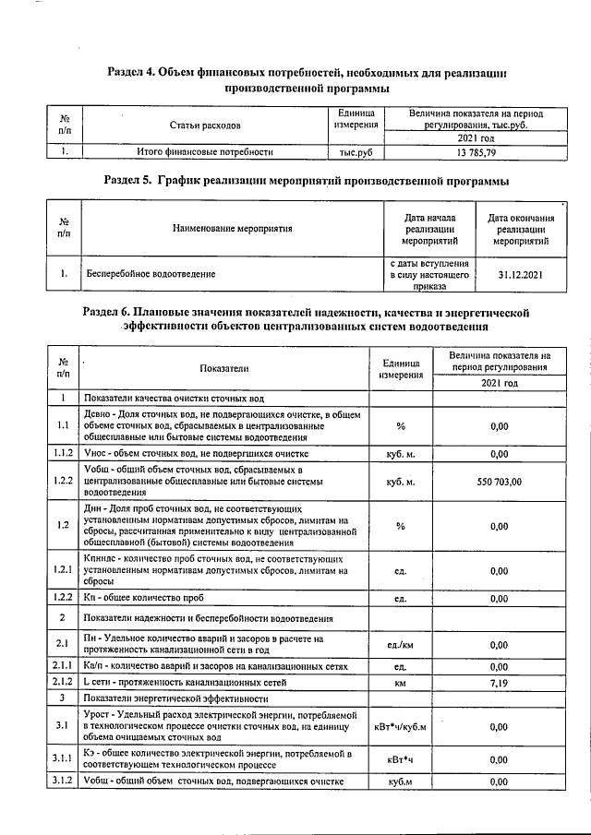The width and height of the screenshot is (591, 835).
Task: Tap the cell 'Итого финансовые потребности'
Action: [204, 151]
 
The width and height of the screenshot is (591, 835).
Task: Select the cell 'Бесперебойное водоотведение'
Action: [151, 274]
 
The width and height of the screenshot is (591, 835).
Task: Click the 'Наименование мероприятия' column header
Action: [232, 227]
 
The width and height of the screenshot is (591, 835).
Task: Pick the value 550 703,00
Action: [500, 482]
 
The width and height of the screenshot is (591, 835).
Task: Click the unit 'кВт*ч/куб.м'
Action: [401, 726]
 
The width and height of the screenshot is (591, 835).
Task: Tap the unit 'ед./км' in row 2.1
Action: [401, 644]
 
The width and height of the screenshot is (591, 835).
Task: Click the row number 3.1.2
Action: [63, 782]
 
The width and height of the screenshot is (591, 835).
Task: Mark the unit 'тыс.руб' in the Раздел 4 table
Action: [355, 151]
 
